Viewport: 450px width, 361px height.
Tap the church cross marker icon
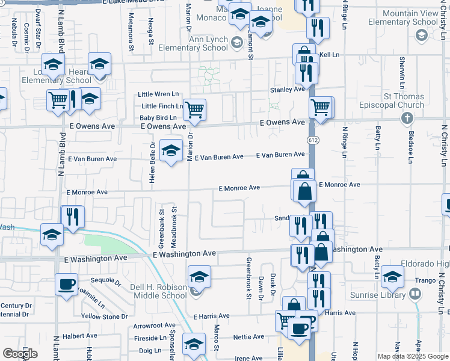tap(407, 119)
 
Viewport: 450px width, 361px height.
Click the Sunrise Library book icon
tap(415, 294)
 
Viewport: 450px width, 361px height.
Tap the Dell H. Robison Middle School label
tap(159, 291)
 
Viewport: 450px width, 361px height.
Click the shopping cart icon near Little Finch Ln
tap(194, 110)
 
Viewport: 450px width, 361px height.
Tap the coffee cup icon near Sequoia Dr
tap(66, 284)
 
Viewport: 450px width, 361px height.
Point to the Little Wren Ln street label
tap(159, 94)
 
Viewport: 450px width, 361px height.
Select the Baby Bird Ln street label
tap(158, 118)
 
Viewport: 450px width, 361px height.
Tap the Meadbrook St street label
tap(173, 227)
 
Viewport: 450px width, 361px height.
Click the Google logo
tap(20, 354)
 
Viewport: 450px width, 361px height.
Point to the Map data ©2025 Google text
tap(412, 356)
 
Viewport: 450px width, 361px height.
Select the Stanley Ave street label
tap(288, 90)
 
